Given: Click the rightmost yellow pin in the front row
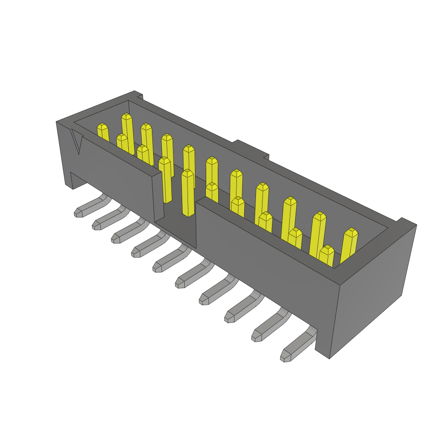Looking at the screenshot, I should tap(327, 255).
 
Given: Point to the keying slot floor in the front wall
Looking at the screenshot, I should tap(176, 234).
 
